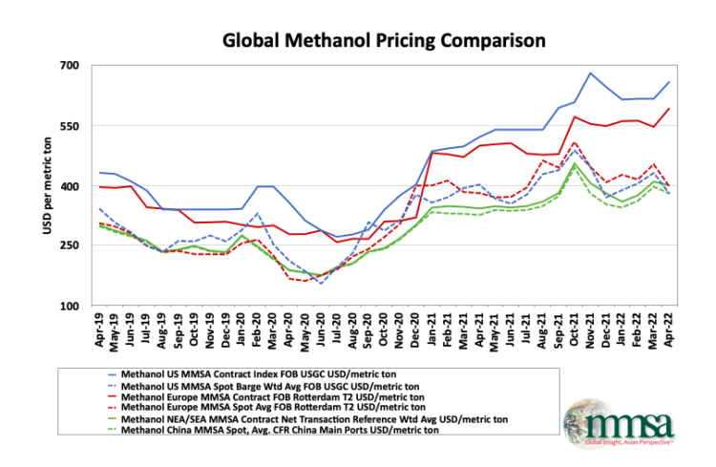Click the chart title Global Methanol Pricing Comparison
pyautogui.click(x=383, y=41)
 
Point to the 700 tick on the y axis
pyautogui.click(x=74, y=66)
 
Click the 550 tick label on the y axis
pyautogui.click(x=74, y=126)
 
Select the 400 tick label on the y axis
pyautogui.click(x=74, y=186)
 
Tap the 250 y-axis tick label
pyautogui.click(x=74, y=246)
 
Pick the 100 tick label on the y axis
pyautogui.click(x=74, y=307)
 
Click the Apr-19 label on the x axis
pyautogui.click(x=100, y=330)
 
